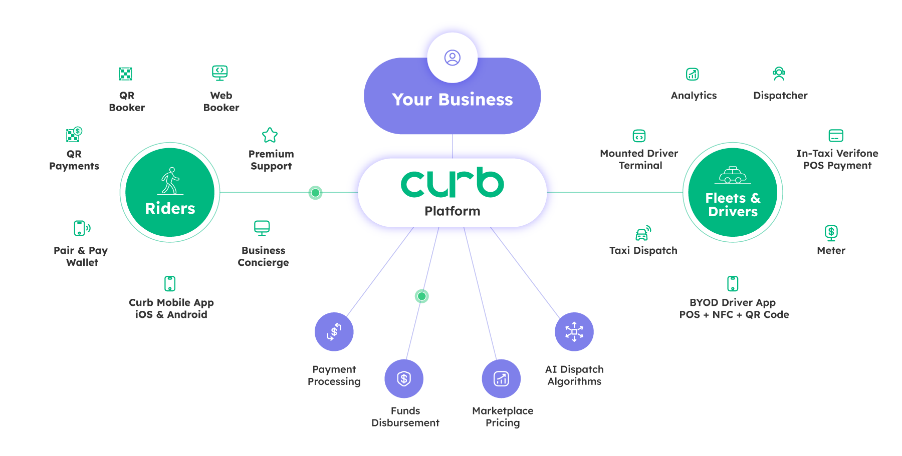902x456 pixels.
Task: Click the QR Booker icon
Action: (125, 74)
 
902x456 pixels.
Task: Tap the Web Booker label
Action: (221, 101)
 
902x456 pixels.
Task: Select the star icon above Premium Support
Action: (270, 135)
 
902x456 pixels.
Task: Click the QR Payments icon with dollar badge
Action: (74, 134)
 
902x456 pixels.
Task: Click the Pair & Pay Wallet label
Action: (81, 256)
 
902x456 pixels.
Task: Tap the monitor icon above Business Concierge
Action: (262, 228)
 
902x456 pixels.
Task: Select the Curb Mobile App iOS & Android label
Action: (171, 308)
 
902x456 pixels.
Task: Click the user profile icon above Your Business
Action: (453, 58)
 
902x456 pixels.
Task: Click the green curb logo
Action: (452, 183)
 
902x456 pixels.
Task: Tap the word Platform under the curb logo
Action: (452, 211)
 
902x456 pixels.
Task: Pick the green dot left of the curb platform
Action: (315, 192)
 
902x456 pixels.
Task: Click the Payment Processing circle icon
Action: (334, 331)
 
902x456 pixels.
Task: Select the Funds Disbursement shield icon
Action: (404, 378)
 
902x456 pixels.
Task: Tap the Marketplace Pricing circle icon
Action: (501, 378)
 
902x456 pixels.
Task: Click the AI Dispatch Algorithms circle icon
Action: (574, 331)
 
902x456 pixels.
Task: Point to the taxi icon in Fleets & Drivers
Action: (733, 175)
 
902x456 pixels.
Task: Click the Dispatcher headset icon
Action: (779, 74)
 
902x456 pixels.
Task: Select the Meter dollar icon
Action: (831, 233)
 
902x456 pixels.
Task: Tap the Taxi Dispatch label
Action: (643, 250)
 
